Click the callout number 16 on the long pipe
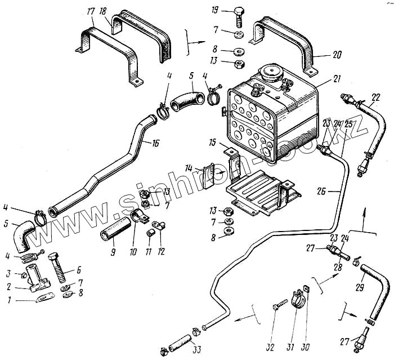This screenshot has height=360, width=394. coord(155,144)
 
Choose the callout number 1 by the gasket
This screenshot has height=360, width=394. coord(9,301)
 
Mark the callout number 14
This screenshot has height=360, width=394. coord(189,168)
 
